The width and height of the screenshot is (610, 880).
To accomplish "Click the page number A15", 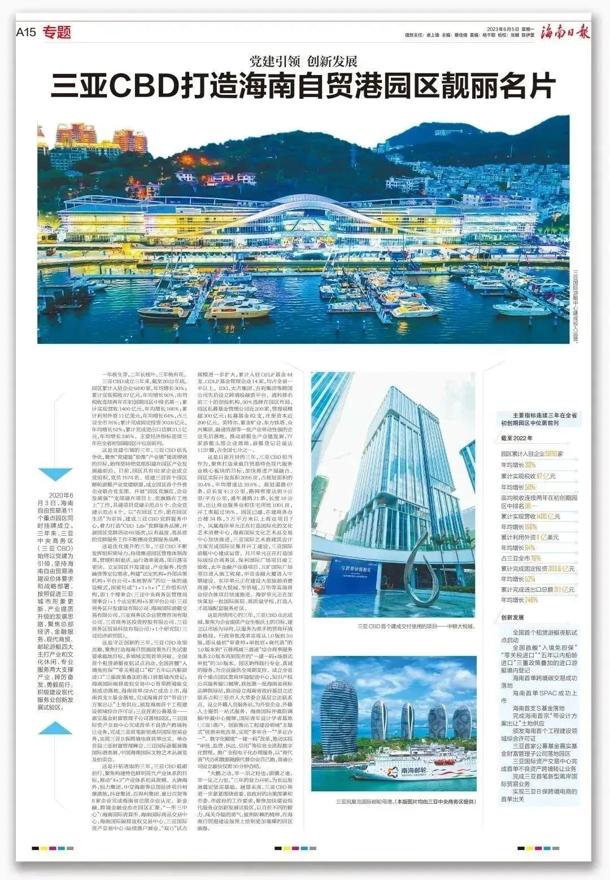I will (x=26, y=32).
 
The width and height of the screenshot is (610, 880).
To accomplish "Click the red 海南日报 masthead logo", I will (x=564, y=32).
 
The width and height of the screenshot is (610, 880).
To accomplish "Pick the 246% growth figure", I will (x=531, y=600).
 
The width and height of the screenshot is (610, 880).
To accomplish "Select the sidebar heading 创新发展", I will (x=513, y=618).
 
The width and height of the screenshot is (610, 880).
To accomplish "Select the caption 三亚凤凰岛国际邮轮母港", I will (x=364, y=802).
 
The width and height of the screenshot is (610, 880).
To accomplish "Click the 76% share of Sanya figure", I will (x=533, y=558).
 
